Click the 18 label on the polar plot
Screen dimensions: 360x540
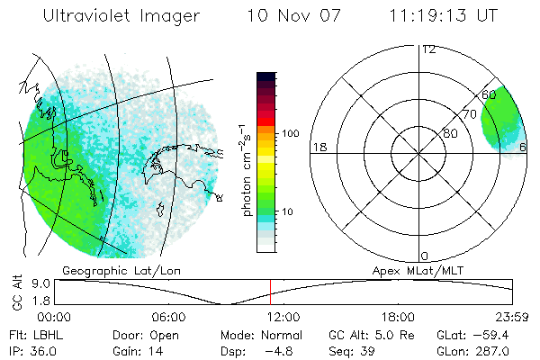pos(318,147)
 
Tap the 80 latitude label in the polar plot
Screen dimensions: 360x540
pos(449,133)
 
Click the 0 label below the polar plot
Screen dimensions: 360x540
pos(425,256)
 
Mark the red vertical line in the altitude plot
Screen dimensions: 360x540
pos(271,292)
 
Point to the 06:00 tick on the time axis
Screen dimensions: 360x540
pos(168,317)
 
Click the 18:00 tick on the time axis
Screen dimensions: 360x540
pos(398,317)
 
